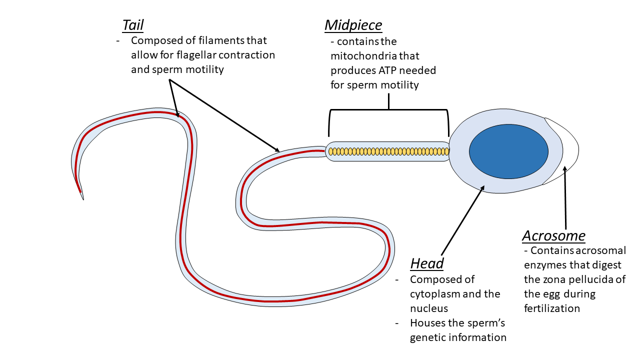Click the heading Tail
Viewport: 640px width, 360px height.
(133, 25)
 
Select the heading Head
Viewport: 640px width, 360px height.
(426, 263)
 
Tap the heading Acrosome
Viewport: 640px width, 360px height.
(553, 235)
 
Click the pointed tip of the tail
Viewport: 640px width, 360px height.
(82, 197)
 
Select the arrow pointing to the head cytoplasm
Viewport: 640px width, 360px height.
(462, 220)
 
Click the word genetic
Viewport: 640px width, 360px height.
(427, 337)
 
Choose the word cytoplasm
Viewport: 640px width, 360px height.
(434, 293)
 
